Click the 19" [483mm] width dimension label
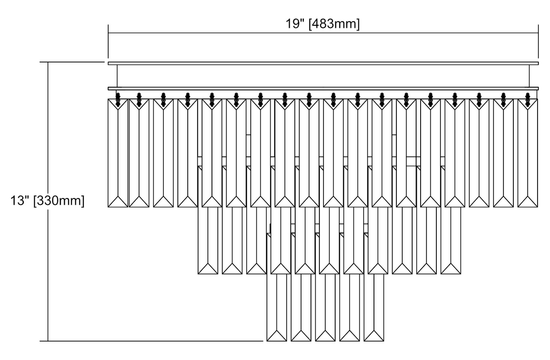pos(323,24)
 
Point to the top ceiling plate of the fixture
pos(323,63)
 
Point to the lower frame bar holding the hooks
pos(323,88)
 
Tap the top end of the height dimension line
pos(48,62)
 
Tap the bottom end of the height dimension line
pos(48,341)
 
